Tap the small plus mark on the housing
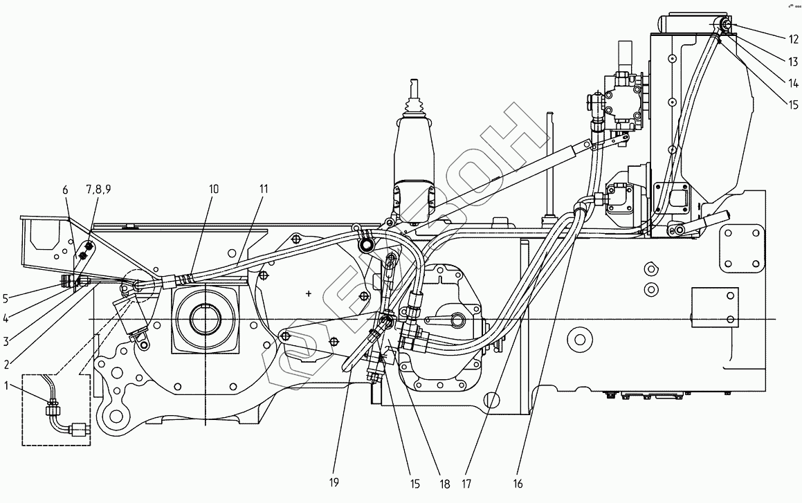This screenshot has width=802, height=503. point(309,293)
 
